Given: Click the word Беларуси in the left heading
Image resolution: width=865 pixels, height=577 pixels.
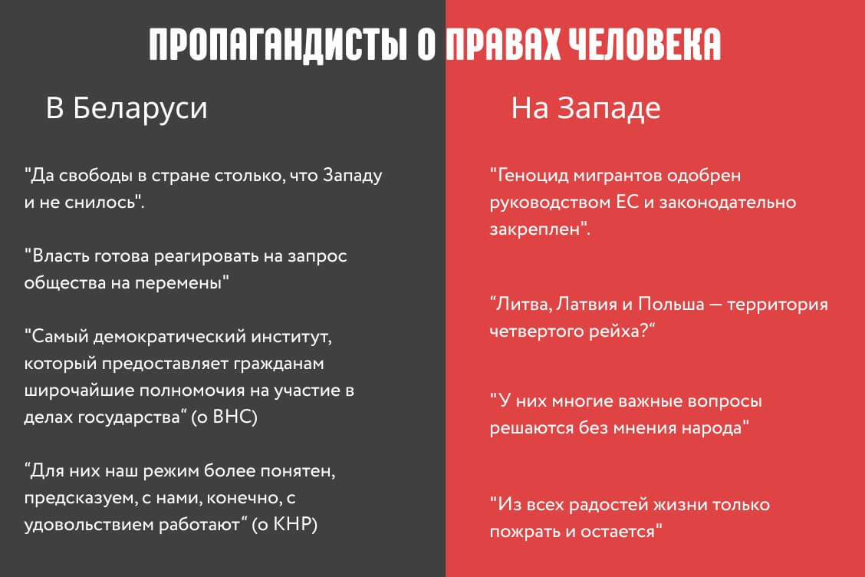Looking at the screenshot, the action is (140, 107).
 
